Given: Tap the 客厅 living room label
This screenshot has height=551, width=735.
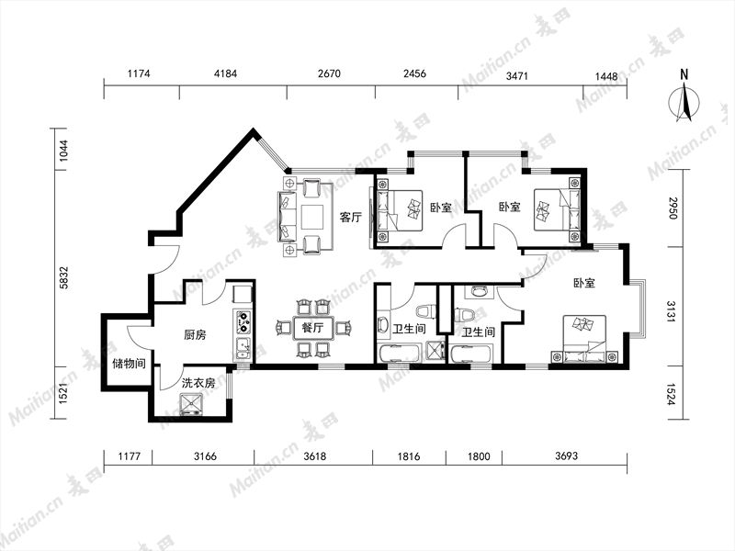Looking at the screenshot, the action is (351, 218).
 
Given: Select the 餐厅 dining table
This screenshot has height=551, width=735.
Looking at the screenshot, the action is (312, 328).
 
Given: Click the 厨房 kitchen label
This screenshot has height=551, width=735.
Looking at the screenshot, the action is (195, 335).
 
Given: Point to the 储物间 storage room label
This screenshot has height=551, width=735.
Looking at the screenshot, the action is (129, 363).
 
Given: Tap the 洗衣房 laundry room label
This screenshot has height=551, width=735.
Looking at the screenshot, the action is (198, 383).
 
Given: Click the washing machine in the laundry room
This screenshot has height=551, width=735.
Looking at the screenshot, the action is (192, 404).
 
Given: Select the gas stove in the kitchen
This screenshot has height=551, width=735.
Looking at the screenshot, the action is (243, 322).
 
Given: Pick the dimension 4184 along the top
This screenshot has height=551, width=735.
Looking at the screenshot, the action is (225, 73).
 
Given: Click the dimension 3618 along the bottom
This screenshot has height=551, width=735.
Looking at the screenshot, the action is (314, 455).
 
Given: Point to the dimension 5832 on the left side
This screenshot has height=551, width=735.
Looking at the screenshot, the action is (63, 277).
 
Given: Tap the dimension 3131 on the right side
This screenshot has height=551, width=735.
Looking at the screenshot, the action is (672, 310).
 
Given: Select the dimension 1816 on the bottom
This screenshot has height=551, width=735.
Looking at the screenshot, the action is (409, 455).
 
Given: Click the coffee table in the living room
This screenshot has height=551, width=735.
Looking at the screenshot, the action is (312, 217).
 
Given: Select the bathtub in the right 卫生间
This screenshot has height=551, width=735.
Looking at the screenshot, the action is (470, 354).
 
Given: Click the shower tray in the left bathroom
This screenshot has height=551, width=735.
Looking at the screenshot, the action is (435, 352).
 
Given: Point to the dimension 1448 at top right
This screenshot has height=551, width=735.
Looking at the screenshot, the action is (606, 76).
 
